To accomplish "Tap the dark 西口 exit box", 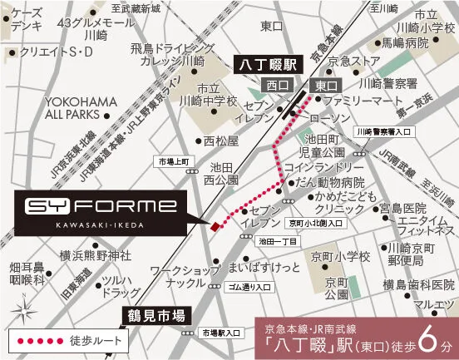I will pos(275,85).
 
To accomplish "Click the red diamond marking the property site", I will pos(214,226).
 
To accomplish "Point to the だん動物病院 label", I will pos(330,182).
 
